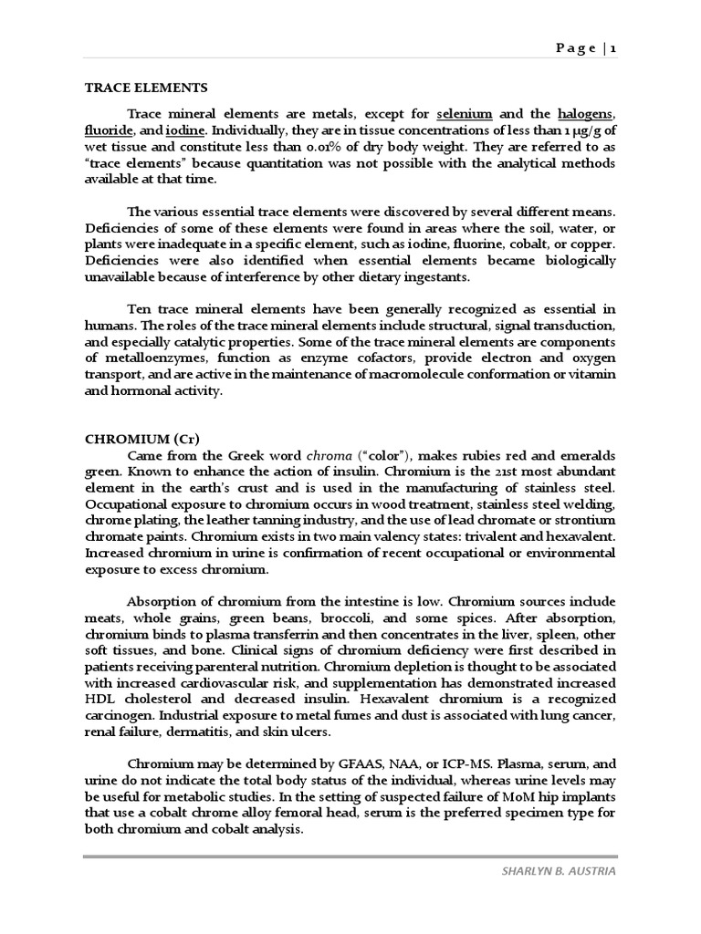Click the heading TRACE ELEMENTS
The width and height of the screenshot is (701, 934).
point(146,88)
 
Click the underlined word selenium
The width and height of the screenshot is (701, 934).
point(465,114)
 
